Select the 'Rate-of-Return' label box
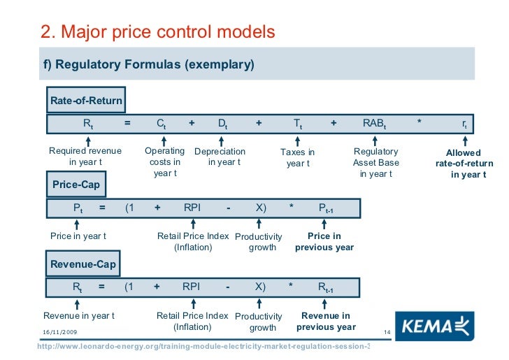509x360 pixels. (x=86, y=101)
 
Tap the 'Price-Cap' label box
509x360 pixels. (x=76, y=185)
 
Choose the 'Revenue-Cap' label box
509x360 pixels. (x=83, y=264)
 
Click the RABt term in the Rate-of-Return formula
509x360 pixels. (x=374, y=124)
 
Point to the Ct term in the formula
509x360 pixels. (x=161, y=124)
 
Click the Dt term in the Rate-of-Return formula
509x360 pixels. (x=222, y=124)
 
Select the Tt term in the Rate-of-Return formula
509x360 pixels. (x=298, y=124)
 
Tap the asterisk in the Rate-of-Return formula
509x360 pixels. (x=419, y=124)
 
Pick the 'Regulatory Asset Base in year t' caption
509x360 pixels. (x=376, y=162)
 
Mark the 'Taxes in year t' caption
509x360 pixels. (x=298, y=157)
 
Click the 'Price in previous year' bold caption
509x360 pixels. (x=324, y=242)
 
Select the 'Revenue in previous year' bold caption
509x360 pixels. (x=326, y=322)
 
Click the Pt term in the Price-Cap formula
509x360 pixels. (x=78, y=208)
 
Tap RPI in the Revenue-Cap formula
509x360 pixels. (x=191, y=287)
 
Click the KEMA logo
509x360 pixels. (x=433, y=326)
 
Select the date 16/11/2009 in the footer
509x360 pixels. (x=59, y=331)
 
